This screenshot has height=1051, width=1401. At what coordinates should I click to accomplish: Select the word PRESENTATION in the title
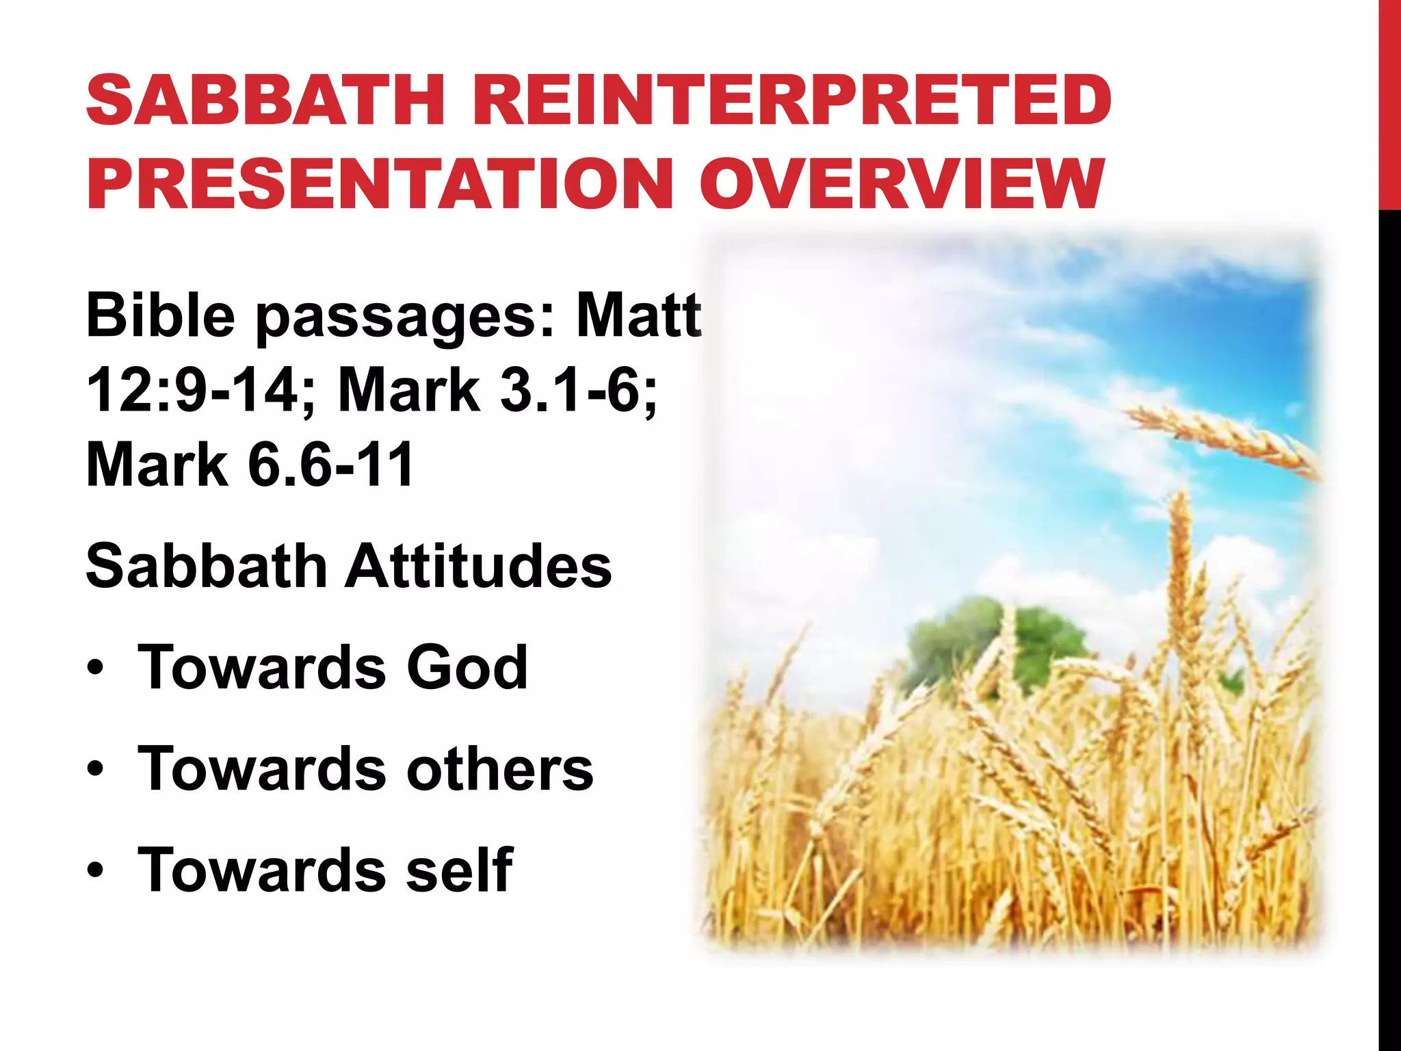coord(380,183)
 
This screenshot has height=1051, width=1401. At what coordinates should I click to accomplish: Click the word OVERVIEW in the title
coord(902,183)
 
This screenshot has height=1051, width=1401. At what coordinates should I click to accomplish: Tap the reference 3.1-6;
coord(578,389)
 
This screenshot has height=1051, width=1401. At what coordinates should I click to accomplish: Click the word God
coord(467,667)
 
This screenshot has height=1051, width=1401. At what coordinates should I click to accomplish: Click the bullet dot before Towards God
coord(96,669)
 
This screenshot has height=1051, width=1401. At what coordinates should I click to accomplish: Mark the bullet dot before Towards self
coord(96,872)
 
